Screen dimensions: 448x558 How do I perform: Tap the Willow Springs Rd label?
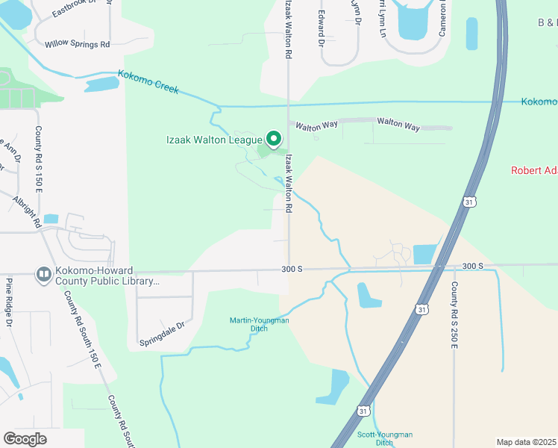click(x=77, y=45)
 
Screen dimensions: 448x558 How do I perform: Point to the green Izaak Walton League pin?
click(x=274, y=138)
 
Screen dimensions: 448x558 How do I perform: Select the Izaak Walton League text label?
click(x=214, y=139)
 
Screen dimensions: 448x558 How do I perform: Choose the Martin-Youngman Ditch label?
click(x=258, y=324)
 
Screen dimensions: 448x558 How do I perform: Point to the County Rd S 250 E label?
click(x=454, y=313)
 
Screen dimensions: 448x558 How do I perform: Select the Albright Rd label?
click(x=27, y=211)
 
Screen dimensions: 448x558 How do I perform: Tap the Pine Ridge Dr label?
click(x=10, y=302)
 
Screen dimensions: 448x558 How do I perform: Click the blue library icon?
click(x=44, y=276)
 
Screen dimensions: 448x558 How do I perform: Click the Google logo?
click(x=25, y=439)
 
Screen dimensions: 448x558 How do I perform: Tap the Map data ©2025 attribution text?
click(x=527, y=442)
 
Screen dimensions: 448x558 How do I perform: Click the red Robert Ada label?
click(x=533, y=170)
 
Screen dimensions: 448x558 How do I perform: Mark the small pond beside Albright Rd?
click(x=51, y=220)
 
